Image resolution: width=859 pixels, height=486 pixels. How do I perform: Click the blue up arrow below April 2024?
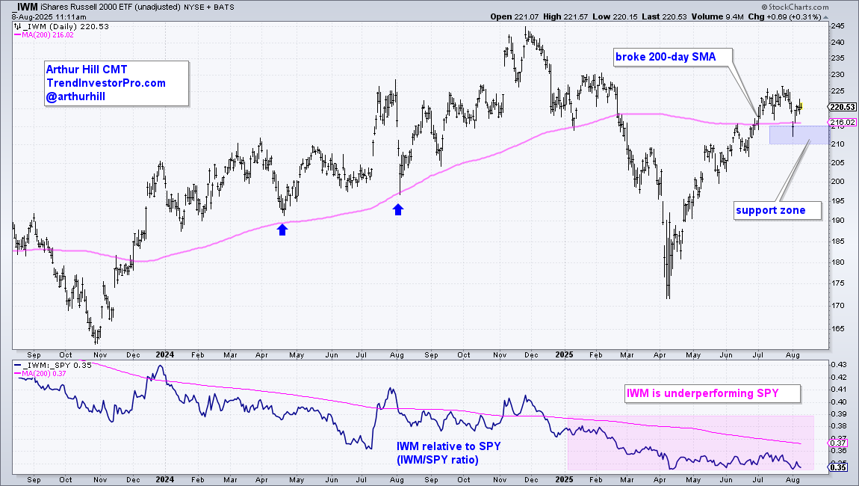(x=282, y=230)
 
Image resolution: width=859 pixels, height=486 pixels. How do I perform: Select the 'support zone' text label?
(x=771, y=210)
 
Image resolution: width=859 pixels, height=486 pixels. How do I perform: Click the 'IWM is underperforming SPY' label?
(x=711, y=393)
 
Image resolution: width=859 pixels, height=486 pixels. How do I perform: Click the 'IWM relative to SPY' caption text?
(x=447, y=446)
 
